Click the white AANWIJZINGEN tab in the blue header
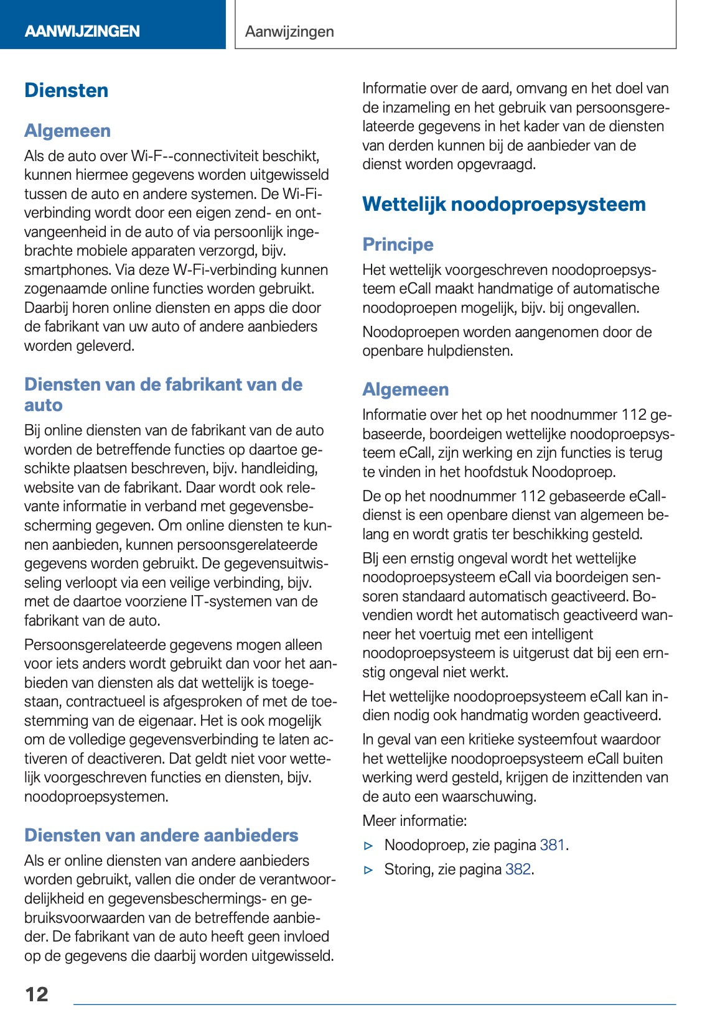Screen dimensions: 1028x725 tap(82, 31)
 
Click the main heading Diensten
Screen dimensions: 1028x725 tap(67, 91)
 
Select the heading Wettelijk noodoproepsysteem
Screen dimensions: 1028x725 tap(503, 205)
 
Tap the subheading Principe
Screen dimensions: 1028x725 tap(398, 244)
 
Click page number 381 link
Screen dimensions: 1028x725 tap(552, 845)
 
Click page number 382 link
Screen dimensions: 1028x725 tap(518, 869)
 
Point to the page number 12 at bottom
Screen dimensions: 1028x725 tap(37, 994)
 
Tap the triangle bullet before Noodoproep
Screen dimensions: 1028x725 tap(368, 846)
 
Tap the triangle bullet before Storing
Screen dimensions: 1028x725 tap(368, 870)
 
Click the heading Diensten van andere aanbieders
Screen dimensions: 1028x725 tap(161, 835)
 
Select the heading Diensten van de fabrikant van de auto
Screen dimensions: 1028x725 tap(163, 394)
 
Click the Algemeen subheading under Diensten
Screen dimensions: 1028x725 tap(67, 131)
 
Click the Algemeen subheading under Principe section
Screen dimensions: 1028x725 tap(405, 390)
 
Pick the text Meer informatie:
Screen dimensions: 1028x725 tap(414, 821)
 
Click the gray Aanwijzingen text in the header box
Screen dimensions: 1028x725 tap(289, 32)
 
